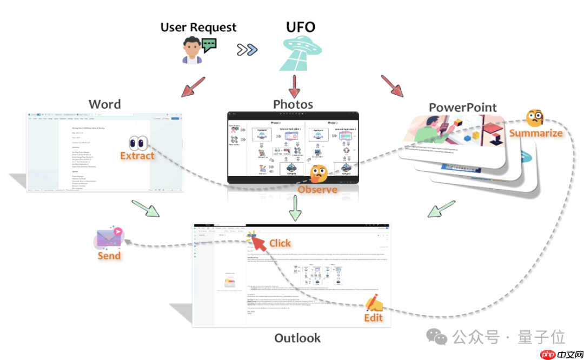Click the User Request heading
pos(198,27)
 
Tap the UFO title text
pos(300,27)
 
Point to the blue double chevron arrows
pos(247,50)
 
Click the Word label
pos(104,104)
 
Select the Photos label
pos(293,104)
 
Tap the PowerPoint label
pos(463,107)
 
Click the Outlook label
pos(297,338)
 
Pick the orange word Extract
pos(137,156)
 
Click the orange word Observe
pos(317,189)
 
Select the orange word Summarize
pos(535,132)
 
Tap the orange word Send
pos(109,255)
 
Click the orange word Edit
pos(373,317)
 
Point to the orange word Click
pos(280,243)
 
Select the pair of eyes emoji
pos(138,143)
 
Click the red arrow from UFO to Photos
pos(294,85)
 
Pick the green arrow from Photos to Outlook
pos(294,208)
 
